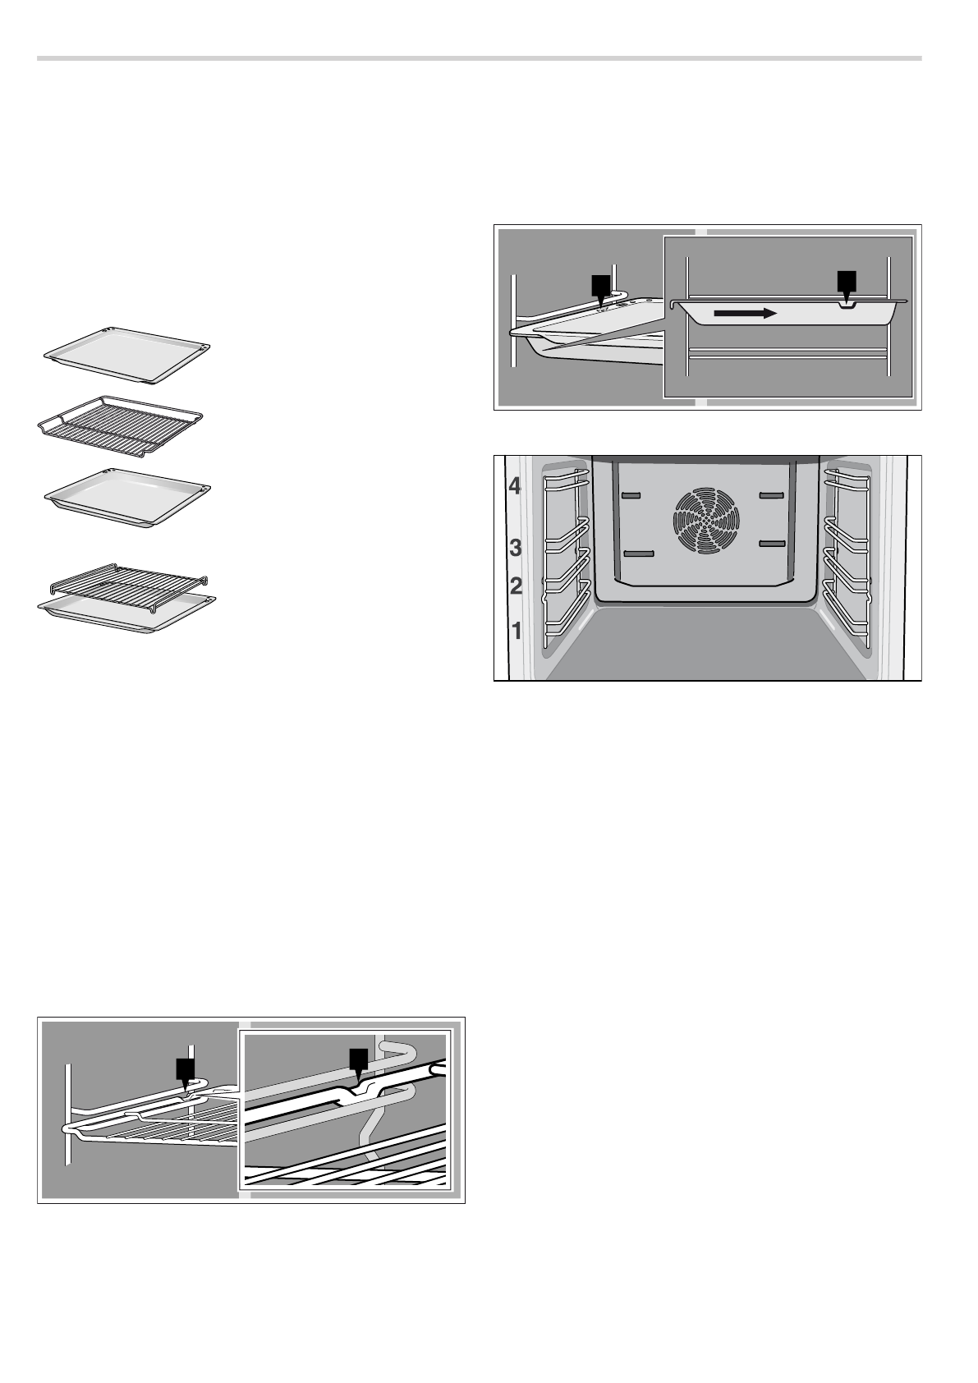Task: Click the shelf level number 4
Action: (x=515, y=486)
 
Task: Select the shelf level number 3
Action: (x=516, y=547)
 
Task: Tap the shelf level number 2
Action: (x=516, y=586)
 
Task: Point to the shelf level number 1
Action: (x=517, y=631)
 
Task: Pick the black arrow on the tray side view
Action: (x=743, y=313)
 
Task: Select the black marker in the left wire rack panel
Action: (x=186, y=1070)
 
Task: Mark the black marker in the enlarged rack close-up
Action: (x=357, y=1060)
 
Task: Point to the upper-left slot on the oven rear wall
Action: (x=631, y=496)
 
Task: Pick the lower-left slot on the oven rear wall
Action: (x=638, y=554)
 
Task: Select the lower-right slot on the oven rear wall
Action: (x=774, y=544)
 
